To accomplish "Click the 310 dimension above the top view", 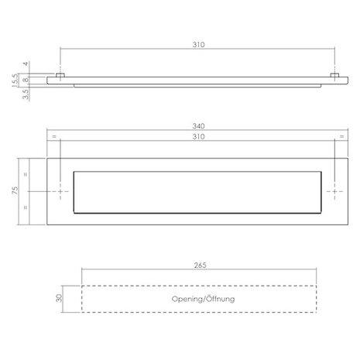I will pyautogui.click(x=197, y=46).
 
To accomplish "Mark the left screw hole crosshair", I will pyautogui.click(x=61, y=190).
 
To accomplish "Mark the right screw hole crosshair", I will pyautogui.click(x=335, y=190).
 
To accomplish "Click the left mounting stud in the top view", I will pyautogui.click(x=61, y=75).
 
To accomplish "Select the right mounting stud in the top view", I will pyautogui.click(x=335, y=75).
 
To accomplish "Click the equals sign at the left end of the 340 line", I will pyautogui.click(x=53, y=137).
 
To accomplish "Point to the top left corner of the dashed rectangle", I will pyautogui.click(x=82, y=286).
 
